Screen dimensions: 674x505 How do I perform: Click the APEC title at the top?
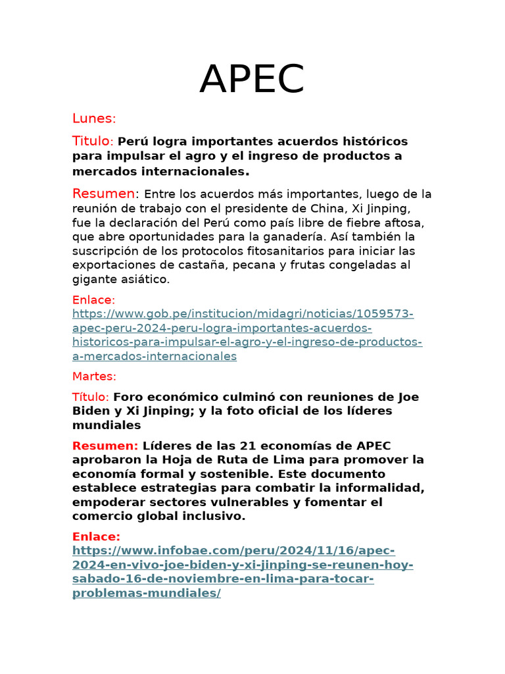click(x=252, y=79)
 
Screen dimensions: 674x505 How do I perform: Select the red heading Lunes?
click(x=94, y=118)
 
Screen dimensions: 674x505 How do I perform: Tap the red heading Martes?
click(x=94, y=376)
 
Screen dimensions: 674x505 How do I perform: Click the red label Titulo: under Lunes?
click(x=93, y=142)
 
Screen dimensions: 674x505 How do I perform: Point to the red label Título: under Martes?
click(x=91, y=397)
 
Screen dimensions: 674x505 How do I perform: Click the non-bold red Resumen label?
click(x=104, y=194)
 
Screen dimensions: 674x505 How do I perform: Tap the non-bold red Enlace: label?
click(x=93, y=300)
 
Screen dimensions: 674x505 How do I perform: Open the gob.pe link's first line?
click(x=243, y=314)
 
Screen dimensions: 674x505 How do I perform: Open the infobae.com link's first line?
click(x=233, y=550)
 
